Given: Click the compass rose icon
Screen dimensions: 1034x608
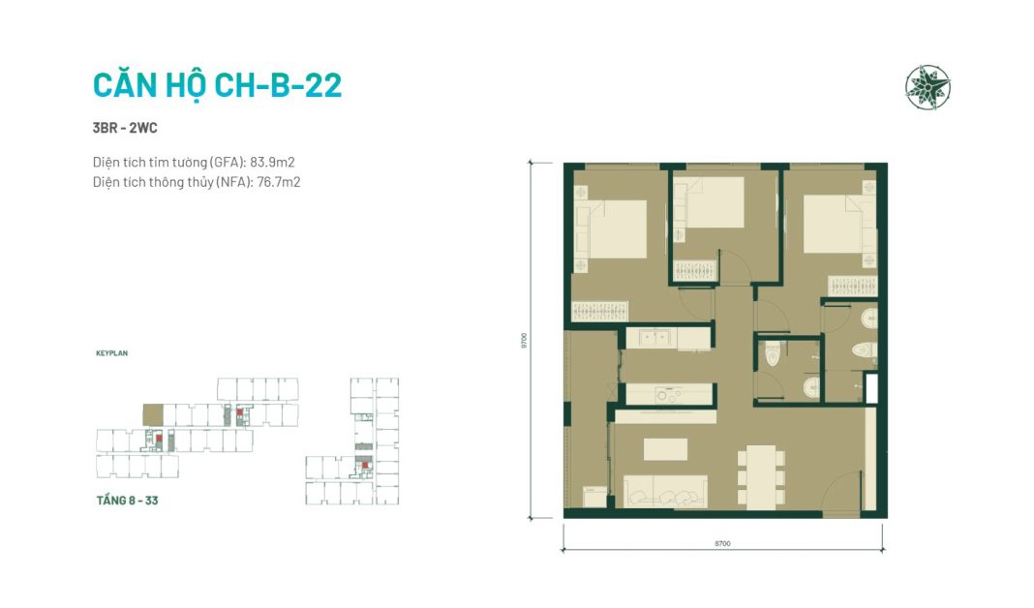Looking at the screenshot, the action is click(x=928, y=87).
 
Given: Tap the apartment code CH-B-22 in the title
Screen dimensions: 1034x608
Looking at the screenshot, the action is click(x=277, y=85).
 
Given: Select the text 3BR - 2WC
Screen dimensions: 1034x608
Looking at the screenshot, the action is click(x=125, y=128).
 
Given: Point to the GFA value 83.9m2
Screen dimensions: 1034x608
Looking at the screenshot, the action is click(x=272, y=163).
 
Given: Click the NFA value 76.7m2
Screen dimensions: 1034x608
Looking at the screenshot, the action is click(x=278, y=182).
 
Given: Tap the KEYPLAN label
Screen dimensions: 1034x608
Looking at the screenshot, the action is click(x=112, y=353).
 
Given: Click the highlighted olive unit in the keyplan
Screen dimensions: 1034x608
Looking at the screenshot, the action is click(x=153, y=414).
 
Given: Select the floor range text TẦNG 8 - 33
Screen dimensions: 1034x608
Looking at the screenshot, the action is click(x=127, y=501).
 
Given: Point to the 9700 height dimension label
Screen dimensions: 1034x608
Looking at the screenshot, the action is click(x=524, y=340).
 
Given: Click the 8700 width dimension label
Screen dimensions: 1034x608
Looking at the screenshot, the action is click(x=722, y=543).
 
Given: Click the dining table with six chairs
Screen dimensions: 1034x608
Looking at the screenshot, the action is click(x=761, y=477).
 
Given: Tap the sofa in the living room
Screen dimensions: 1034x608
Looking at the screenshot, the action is click(x=665, y=491).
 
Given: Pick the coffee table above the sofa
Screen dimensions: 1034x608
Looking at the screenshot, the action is click(x=665, y=450).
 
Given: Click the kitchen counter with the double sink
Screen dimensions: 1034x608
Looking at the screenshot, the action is click(x=667, y=338).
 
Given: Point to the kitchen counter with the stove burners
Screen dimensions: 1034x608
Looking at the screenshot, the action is click(x=669, y=394).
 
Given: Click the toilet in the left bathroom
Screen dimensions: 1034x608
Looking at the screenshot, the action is click(x=773, y=355).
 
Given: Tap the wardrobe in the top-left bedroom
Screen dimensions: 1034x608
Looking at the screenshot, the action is click(x=599, y=311).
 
